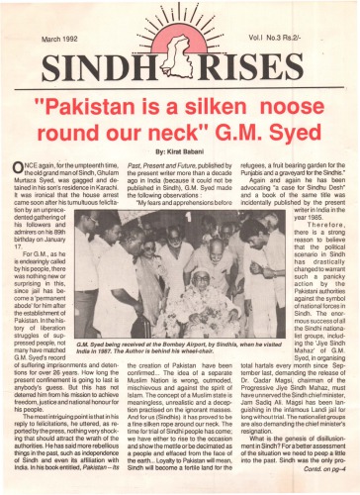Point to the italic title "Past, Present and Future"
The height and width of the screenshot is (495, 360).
coord(166,161)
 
